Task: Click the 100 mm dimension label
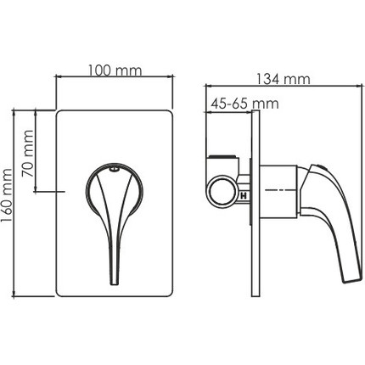pos(115,70)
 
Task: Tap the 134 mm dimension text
pos(284,79)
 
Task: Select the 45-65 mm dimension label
pos(245,104)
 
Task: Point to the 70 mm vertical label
pos(28,154)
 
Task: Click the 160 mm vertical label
pos(7,196)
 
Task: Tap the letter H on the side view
pos(244,196)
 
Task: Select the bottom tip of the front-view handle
pos(114,284)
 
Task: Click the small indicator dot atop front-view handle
pos(115,170)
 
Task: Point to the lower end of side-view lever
pos(353,280)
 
